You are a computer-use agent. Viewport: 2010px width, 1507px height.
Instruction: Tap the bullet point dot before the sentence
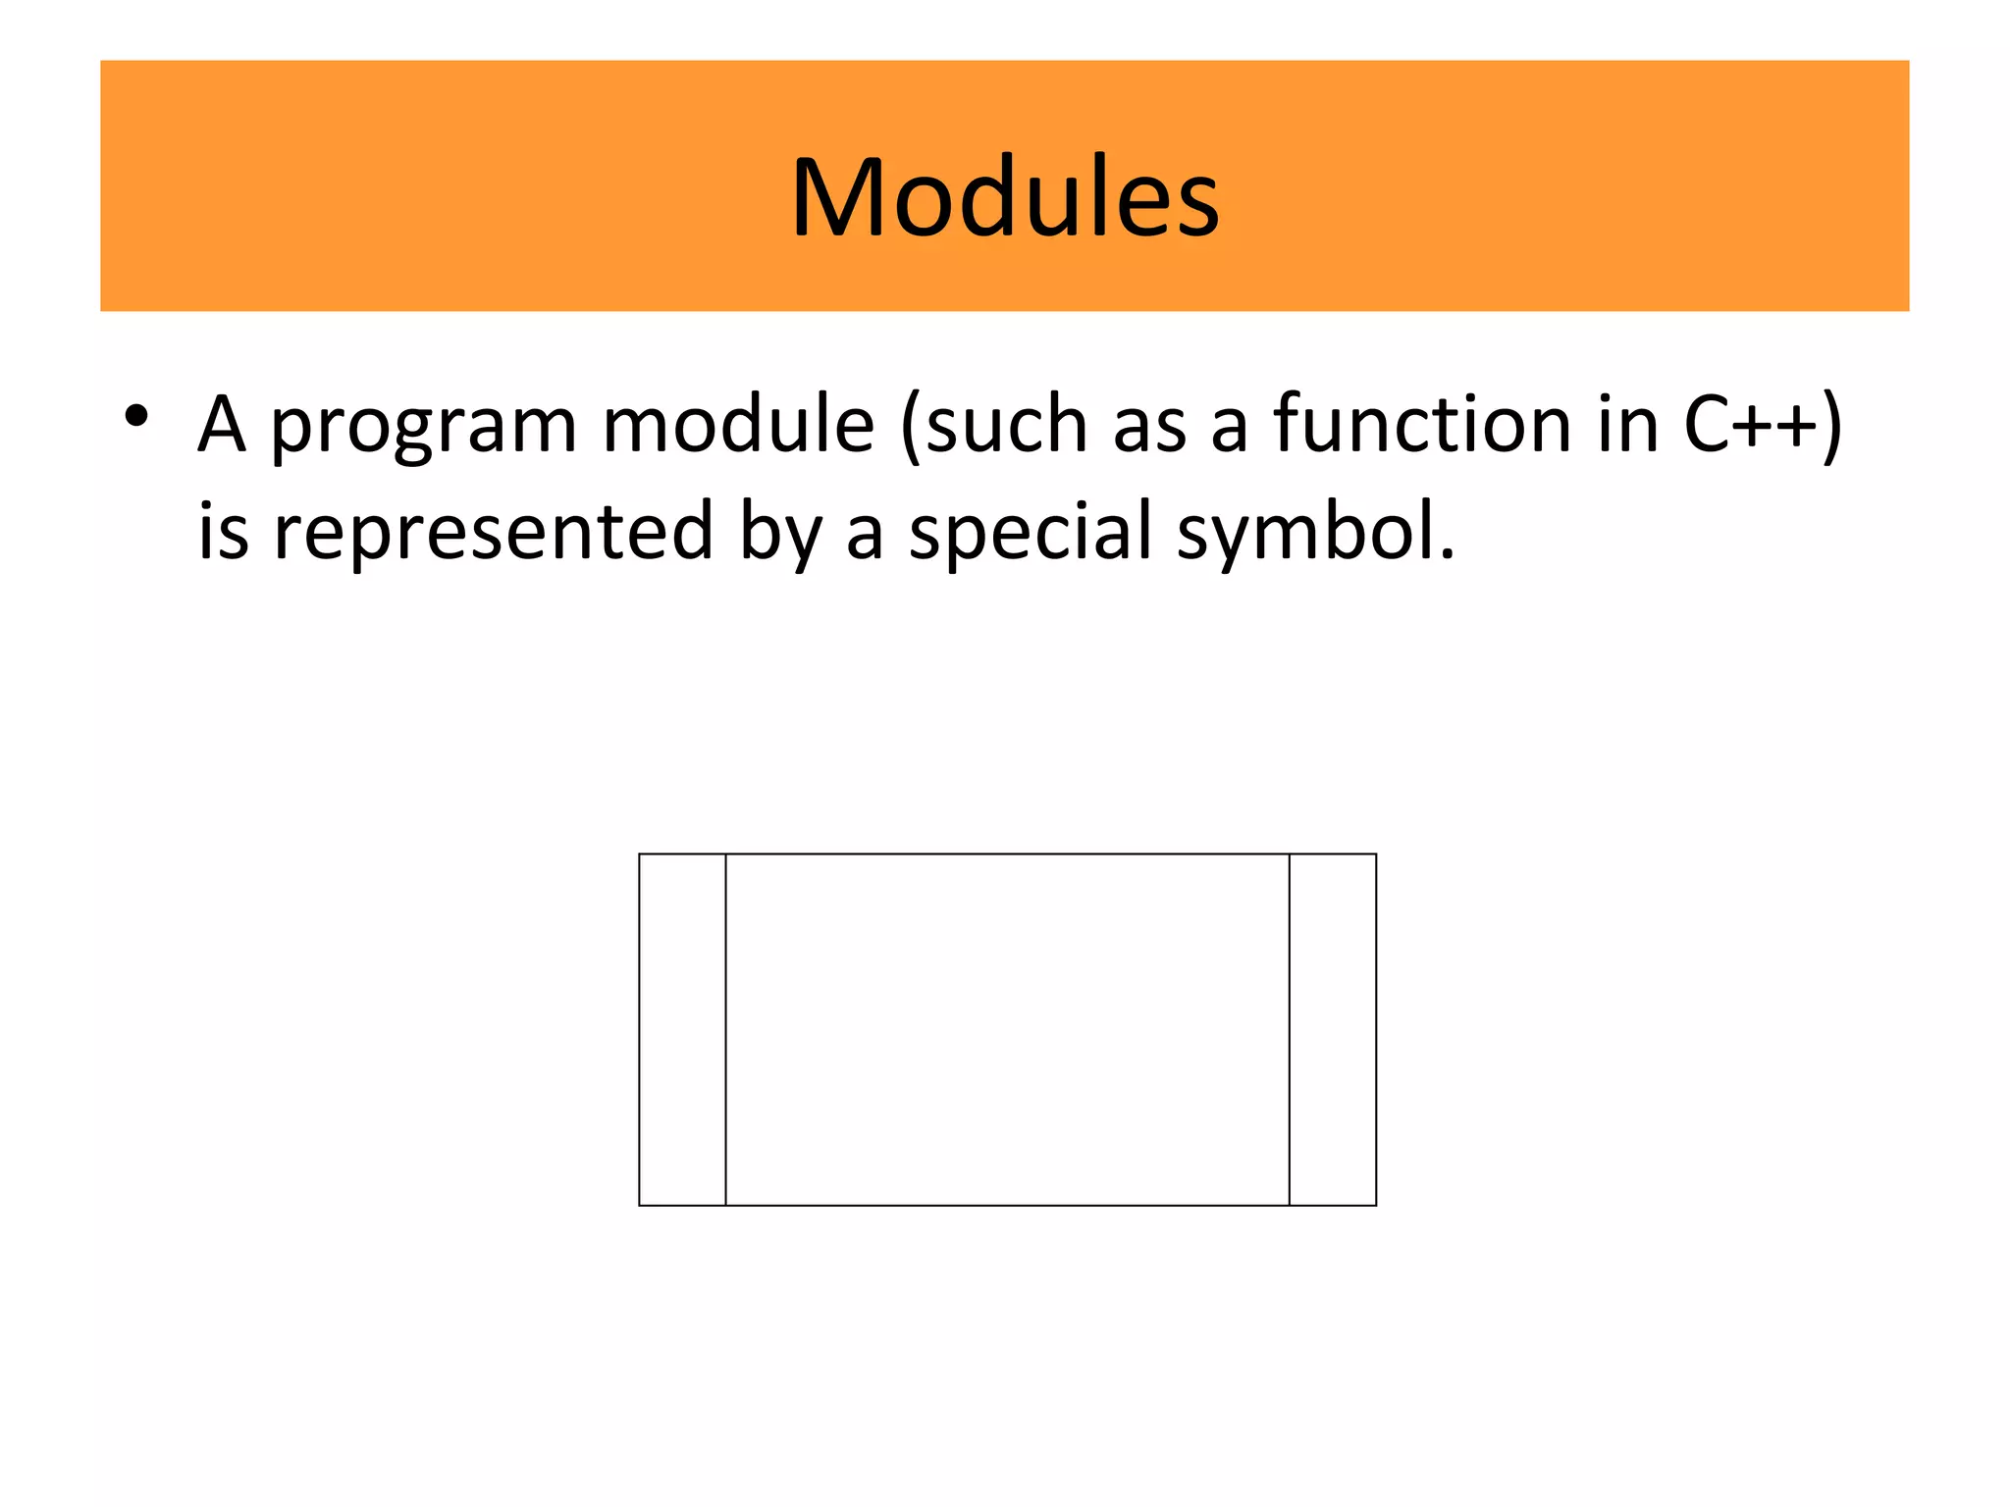point(136,416)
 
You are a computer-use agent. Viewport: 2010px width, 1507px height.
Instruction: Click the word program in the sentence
point(423,427)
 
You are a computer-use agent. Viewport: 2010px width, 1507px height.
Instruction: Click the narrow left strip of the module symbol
point(682,1029)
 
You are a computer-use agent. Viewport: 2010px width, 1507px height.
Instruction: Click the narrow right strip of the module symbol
point(1333,1029)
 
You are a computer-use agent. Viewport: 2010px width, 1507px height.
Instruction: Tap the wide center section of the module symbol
point(1007,1029)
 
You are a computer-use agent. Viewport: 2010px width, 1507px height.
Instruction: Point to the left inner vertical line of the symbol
point(726,1029)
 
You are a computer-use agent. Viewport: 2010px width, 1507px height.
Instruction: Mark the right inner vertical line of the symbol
point(1290,1029)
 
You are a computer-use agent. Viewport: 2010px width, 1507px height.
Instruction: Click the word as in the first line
point(1148,427)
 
